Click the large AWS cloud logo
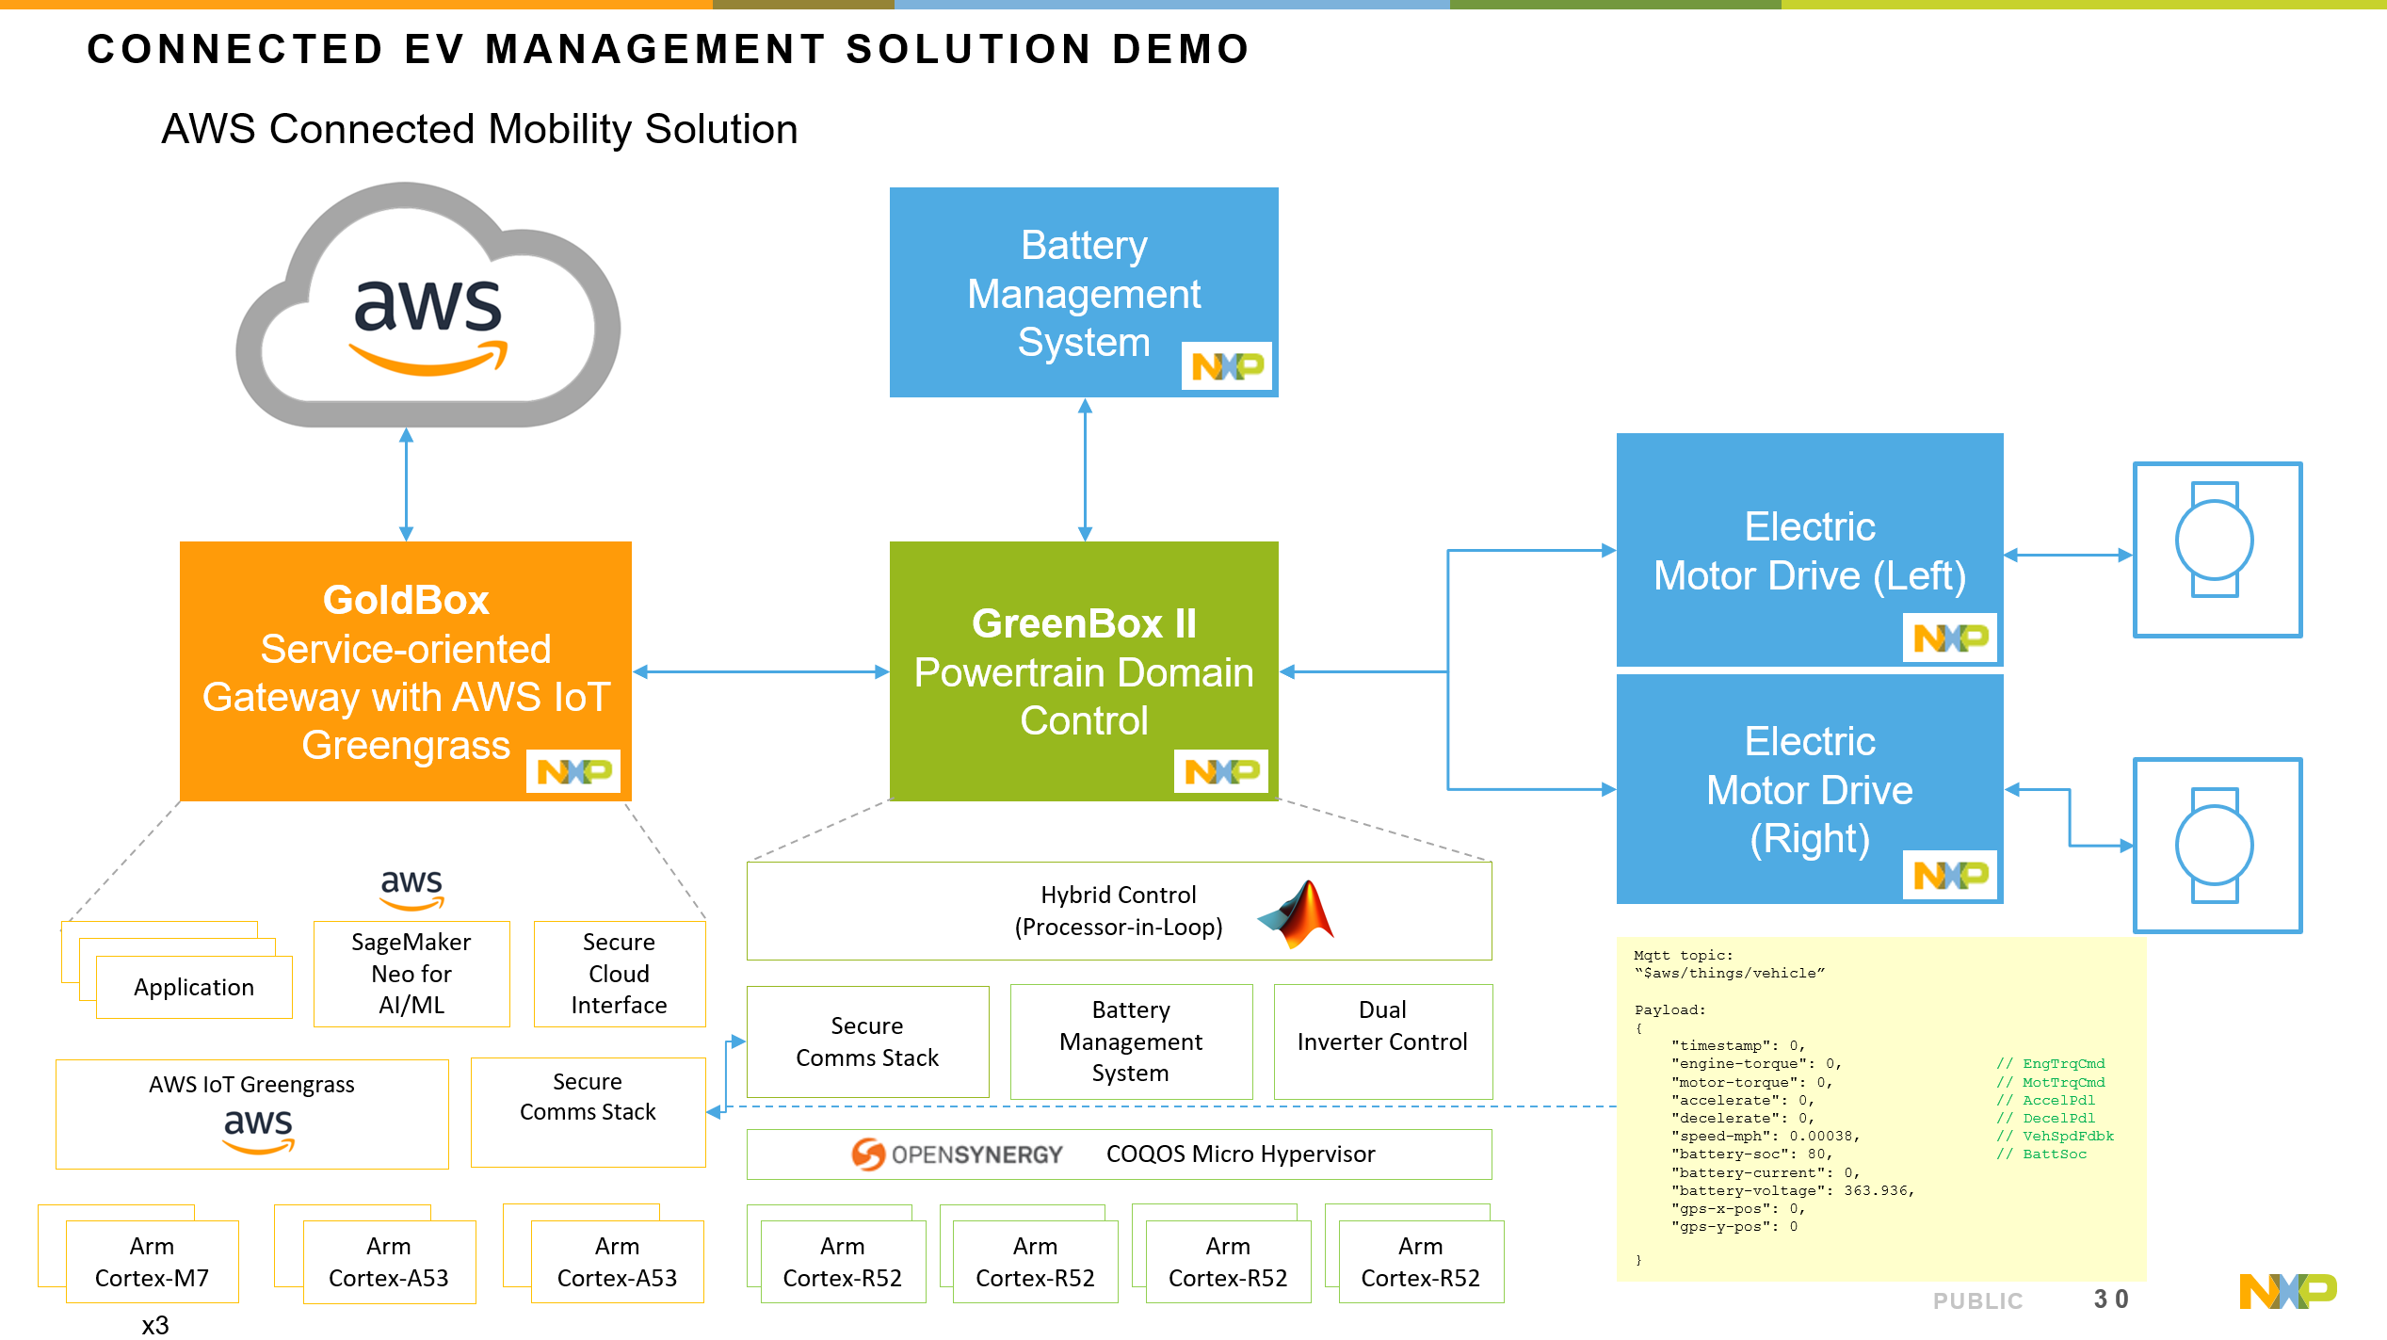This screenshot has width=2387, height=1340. (x=428, y=311)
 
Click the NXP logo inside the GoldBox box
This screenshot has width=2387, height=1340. (x=573, y=772)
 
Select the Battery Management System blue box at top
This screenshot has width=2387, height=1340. (x=1083, y=292)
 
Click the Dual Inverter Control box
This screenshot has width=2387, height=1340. (x=1382, y=1041)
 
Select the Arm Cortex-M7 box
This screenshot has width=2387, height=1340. (x=152, y=1262)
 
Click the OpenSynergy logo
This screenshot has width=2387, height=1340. (x=956, y=1154)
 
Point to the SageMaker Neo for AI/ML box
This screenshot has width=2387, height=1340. (x=411, y=974)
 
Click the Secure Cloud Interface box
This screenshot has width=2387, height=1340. (x=619, y=974)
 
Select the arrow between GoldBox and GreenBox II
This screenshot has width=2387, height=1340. (x=761, y=671)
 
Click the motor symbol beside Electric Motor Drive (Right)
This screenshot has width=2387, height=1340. (x=2216, y=845)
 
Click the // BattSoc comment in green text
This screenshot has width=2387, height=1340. (x=2041, y=1154)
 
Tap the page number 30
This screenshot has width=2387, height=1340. (x=2110, y=1300)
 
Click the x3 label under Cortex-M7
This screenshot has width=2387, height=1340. (x=155, y=1325)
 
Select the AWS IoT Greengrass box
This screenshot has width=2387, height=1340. (x=252, y=1114)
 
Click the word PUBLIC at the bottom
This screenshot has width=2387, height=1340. (x=1976, y=1300)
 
